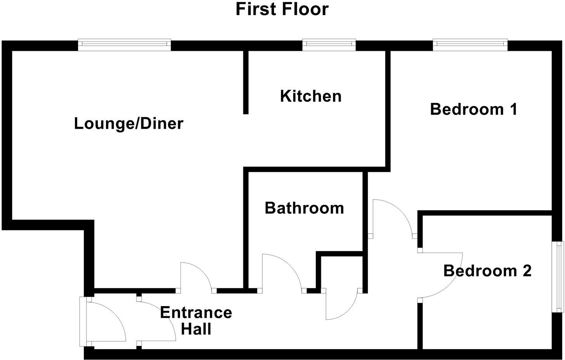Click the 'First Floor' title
[x=282, y=9]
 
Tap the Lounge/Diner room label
[x=128, y=124]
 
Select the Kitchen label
[x=311, y=96]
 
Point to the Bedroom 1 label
[x=474, y=109]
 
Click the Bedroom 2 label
[x=487, y=271]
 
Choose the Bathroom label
[x=304, y=208]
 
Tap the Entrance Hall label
[x=196, y=321]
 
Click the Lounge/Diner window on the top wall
[x=124, y=45]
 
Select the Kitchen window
[x=329, y=45]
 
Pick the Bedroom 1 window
[x=470, y=45]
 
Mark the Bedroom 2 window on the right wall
[x=559, y=276]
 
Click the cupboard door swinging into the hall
[x=341, y=305]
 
